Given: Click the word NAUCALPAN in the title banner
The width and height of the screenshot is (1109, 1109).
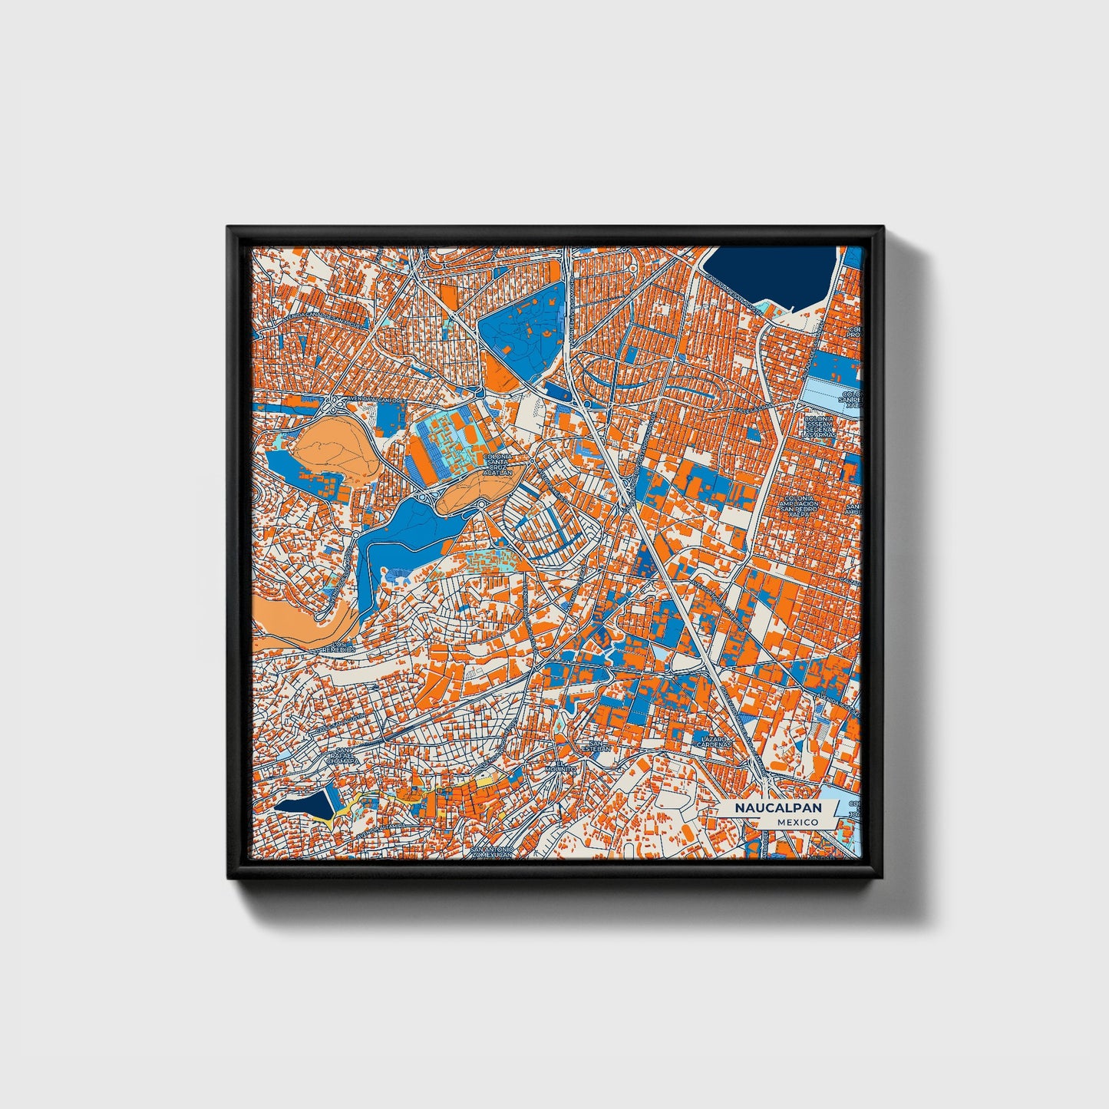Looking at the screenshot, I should (x=777, y=808).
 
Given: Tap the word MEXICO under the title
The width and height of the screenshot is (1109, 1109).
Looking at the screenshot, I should (x=797, y=822).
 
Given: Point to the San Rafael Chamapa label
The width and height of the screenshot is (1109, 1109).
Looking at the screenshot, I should (x=342, y=756).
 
